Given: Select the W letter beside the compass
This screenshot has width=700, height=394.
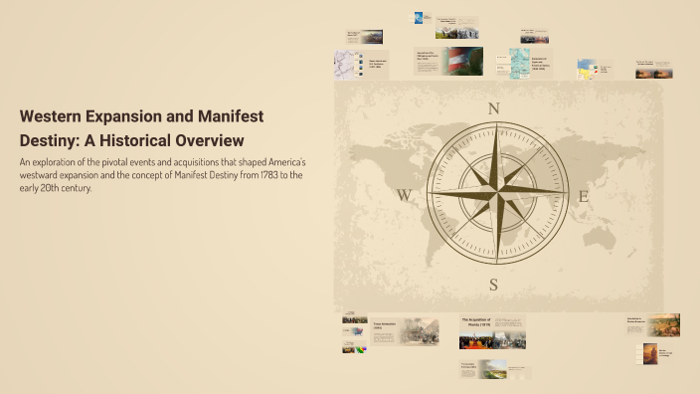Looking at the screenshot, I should coord(405,196).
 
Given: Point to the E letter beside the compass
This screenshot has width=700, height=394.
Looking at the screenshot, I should coord(584,196).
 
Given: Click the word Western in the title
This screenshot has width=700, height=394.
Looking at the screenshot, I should coord(54,116).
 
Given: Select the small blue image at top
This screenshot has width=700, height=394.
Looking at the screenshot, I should coord(421,17).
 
